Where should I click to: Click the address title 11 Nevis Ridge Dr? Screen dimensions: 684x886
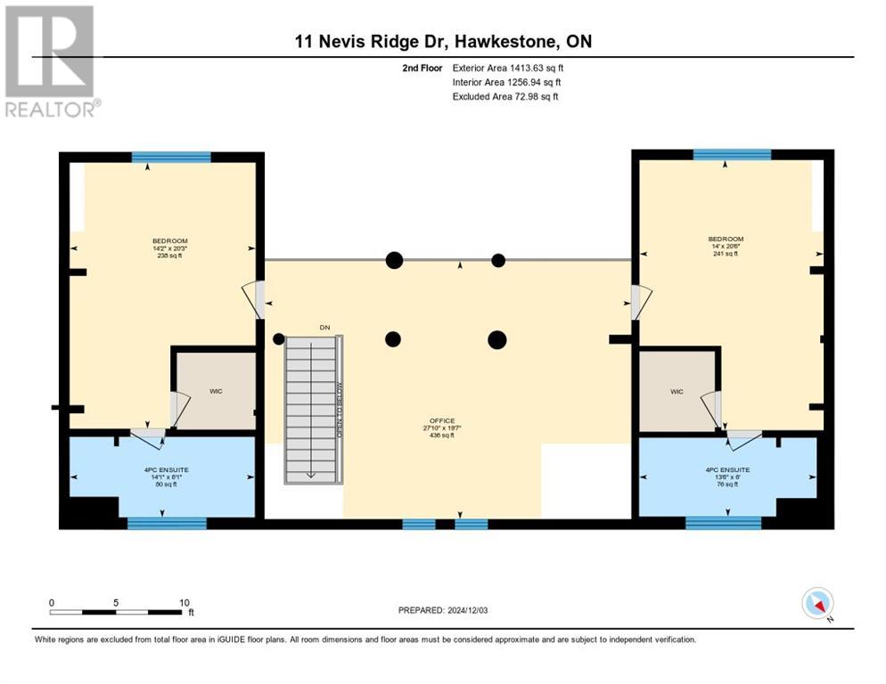(443, 41)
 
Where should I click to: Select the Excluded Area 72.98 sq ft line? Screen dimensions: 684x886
(505, 96)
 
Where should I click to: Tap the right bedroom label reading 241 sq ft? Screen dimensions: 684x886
(725, 254)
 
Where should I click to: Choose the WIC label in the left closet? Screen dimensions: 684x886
(215, 390)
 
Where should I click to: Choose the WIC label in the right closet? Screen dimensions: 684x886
(677, 391)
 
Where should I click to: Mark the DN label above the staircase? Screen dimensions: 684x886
(325, 328)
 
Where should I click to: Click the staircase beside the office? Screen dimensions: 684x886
(313, 410)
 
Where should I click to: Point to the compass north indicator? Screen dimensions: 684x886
(817, 603)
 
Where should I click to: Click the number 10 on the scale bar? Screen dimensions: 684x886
(184, 602)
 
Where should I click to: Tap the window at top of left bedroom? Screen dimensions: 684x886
(171, 158)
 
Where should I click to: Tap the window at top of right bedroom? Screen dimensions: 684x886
(732, 155)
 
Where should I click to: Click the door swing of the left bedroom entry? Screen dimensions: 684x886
(252, 300)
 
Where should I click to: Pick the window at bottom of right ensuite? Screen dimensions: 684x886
(723, 523)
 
